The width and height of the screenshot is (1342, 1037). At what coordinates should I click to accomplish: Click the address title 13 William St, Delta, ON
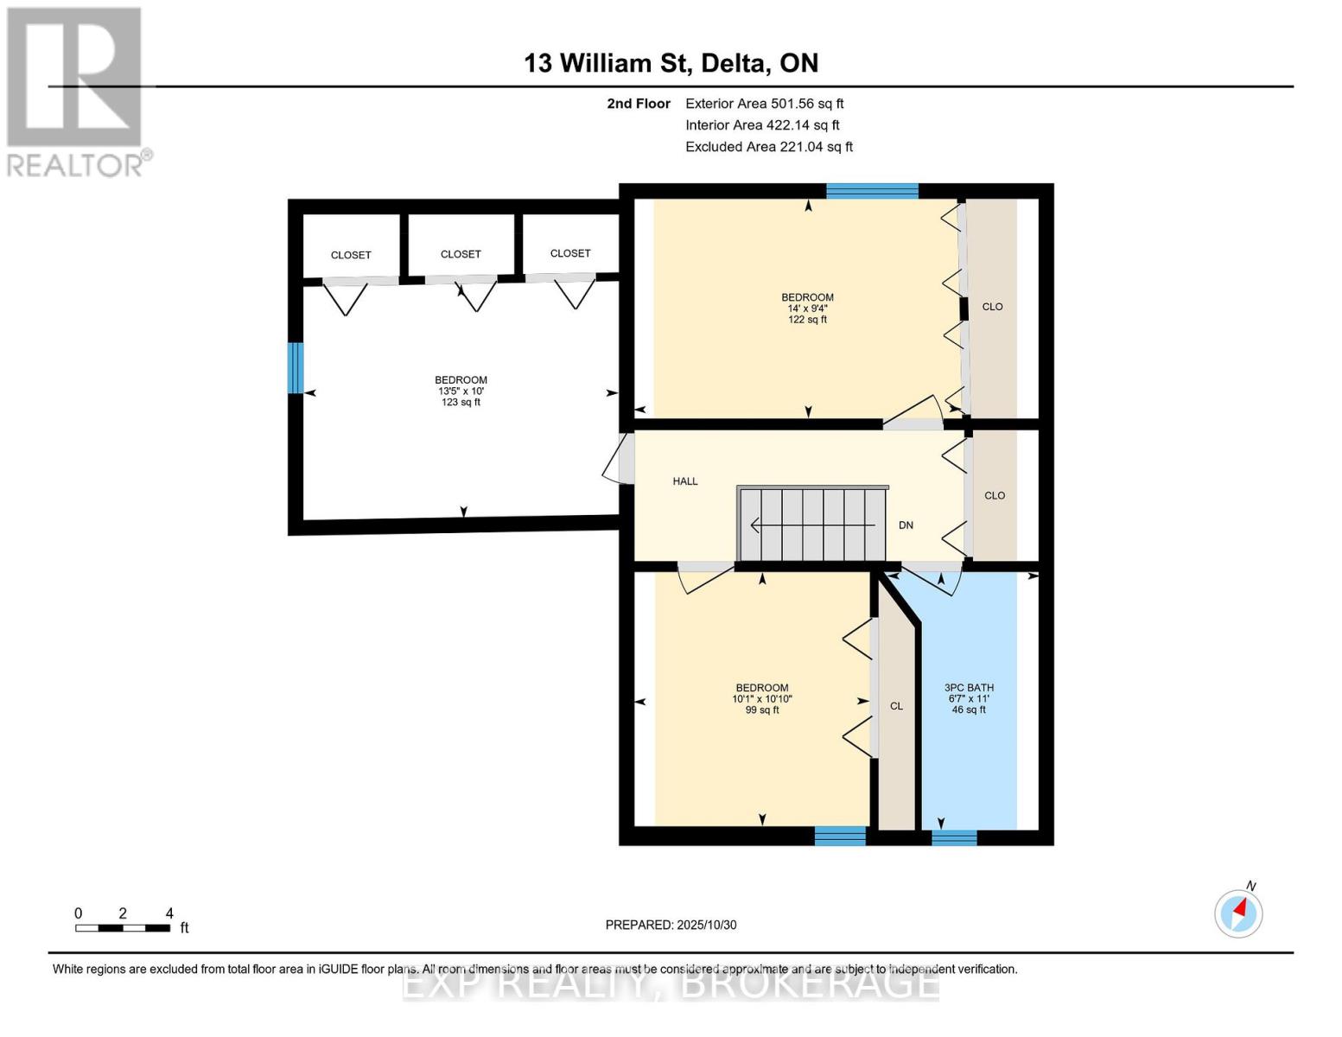click(x=671, y=63)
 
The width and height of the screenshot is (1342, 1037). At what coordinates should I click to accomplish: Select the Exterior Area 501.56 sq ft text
click(x=764, y=104)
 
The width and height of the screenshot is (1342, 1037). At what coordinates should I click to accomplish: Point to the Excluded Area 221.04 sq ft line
click(x=768, y=147)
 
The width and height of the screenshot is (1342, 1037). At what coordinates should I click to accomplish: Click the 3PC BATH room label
click(x=969, y=698)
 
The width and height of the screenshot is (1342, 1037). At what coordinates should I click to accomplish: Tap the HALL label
click(x=685, y=481)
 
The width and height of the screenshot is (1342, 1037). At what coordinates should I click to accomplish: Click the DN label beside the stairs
click(x=906, y=525)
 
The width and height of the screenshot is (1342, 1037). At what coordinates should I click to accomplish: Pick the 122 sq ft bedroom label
click(x=807, y=309)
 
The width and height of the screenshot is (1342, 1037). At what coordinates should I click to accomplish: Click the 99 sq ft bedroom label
click(x=761, y=699)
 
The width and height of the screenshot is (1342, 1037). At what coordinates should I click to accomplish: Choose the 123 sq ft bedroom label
click(x=461, y=391)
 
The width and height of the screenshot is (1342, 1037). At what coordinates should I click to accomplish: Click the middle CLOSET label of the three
click(x=461, y=254)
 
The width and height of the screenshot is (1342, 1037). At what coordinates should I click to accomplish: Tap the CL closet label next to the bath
click(x=896, y=706)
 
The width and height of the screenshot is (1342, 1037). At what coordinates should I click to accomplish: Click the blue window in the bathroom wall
click(x=954, y=837)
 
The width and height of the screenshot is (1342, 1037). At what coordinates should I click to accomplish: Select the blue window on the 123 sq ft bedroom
click(x=296, y=367)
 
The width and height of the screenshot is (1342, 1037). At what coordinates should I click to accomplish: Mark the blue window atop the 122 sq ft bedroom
click(x=872, y=191)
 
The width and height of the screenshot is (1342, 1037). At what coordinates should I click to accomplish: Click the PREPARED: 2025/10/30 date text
click(x=671, y=925)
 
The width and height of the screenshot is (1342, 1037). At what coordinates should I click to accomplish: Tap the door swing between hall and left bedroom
click(x=617, y=460)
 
